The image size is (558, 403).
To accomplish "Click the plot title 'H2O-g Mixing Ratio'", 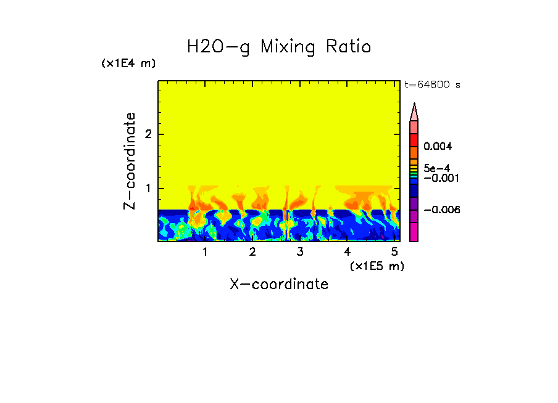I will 279,47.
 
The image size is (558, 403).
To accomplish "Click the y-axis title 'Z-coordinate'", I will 130,161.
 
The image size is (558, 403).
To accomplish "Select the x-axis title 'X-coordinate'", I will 279,284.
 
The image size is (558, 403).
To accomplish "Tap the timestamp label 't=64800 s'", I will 432,85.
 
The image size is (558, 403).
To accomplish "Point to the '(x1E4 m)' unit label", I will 128,63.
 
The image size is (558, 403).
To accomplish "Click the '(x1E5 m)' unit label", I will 377,266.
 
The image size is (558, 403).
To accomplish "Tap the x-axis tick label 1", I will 205,252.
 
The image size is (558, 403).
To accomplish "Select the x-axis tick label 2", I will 252,252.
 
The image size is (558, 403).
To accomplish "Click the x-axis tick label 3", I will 300,252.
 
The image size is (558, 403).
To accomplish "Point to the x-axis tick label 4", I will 347,252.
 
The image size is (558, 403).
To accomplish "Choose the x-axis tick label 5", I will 394,252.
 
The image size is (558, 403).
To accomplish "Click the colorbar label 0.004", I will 438,147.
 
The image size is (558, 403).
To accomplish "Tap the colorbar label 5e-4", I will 436,168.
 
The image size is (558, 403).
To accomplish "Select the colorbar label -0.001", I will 439,178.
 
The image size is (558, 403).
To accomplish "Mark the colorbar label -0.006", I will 439,210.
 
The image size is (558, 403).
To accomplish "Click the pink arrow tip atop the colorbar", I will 414,112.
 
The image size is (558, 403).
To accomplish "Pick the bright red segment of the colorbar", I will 414,140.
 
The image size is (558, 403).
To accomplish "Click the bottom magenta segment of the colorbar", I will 414,232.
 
